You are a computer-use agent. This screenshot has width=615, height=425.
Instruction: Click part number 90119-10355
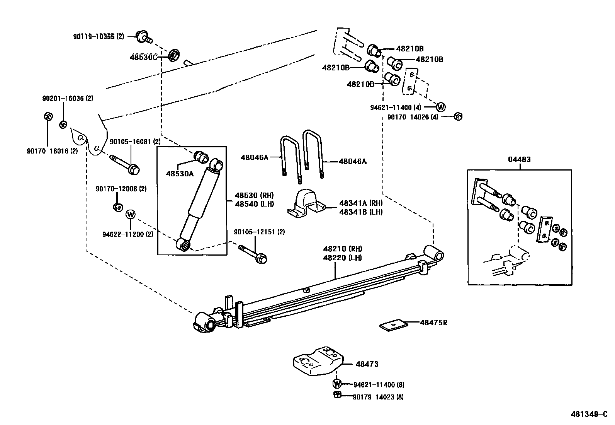pyautogui.click(x=98, y=37)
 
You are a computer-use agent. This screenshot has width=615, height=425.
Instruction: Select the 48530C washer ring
pyautogui.click(x=173, y=55)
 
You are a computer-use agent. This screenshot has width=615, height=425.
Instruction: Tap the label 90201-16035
pyautogui.click(x=68, y=99)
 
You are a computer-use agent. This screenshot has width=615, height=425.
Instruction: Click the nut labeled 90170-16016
pyautogui.click(x=48, y=116)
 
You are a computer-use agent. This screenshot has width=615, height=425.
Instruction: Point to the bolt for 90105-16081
pyautogui.click(x=124, y=164)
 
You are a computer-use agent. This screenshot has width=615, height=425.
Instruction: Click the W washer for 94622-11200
pyautogui.click(x=131, y=214)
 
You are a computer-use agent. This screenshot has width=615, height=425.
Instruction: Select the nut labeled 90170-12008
pyautogui.click(x=118, y=207)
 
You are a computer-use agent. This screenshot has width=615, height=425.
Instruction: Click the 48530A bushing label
pyautogui.click(x=180, y=174)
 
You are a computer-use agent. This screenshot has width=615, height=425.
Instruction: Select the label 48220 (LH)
pyautogui.click(x=342, y=257)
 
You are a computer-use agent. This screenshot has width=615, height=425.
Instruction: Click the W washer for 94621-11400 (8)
pyautogui.click(x=337, y=384)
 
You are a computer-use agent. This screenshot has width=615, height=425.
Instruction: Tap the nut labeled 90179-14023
pyautogui.click(x=336, y=395)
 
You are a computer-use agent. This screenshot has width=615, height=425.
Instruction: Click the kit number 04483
pyautogui.click(x=519, y=159)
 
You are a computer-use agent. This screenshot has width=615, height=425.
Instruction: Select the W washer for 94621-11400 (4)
pyautogui.click(x=441, y=107)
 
